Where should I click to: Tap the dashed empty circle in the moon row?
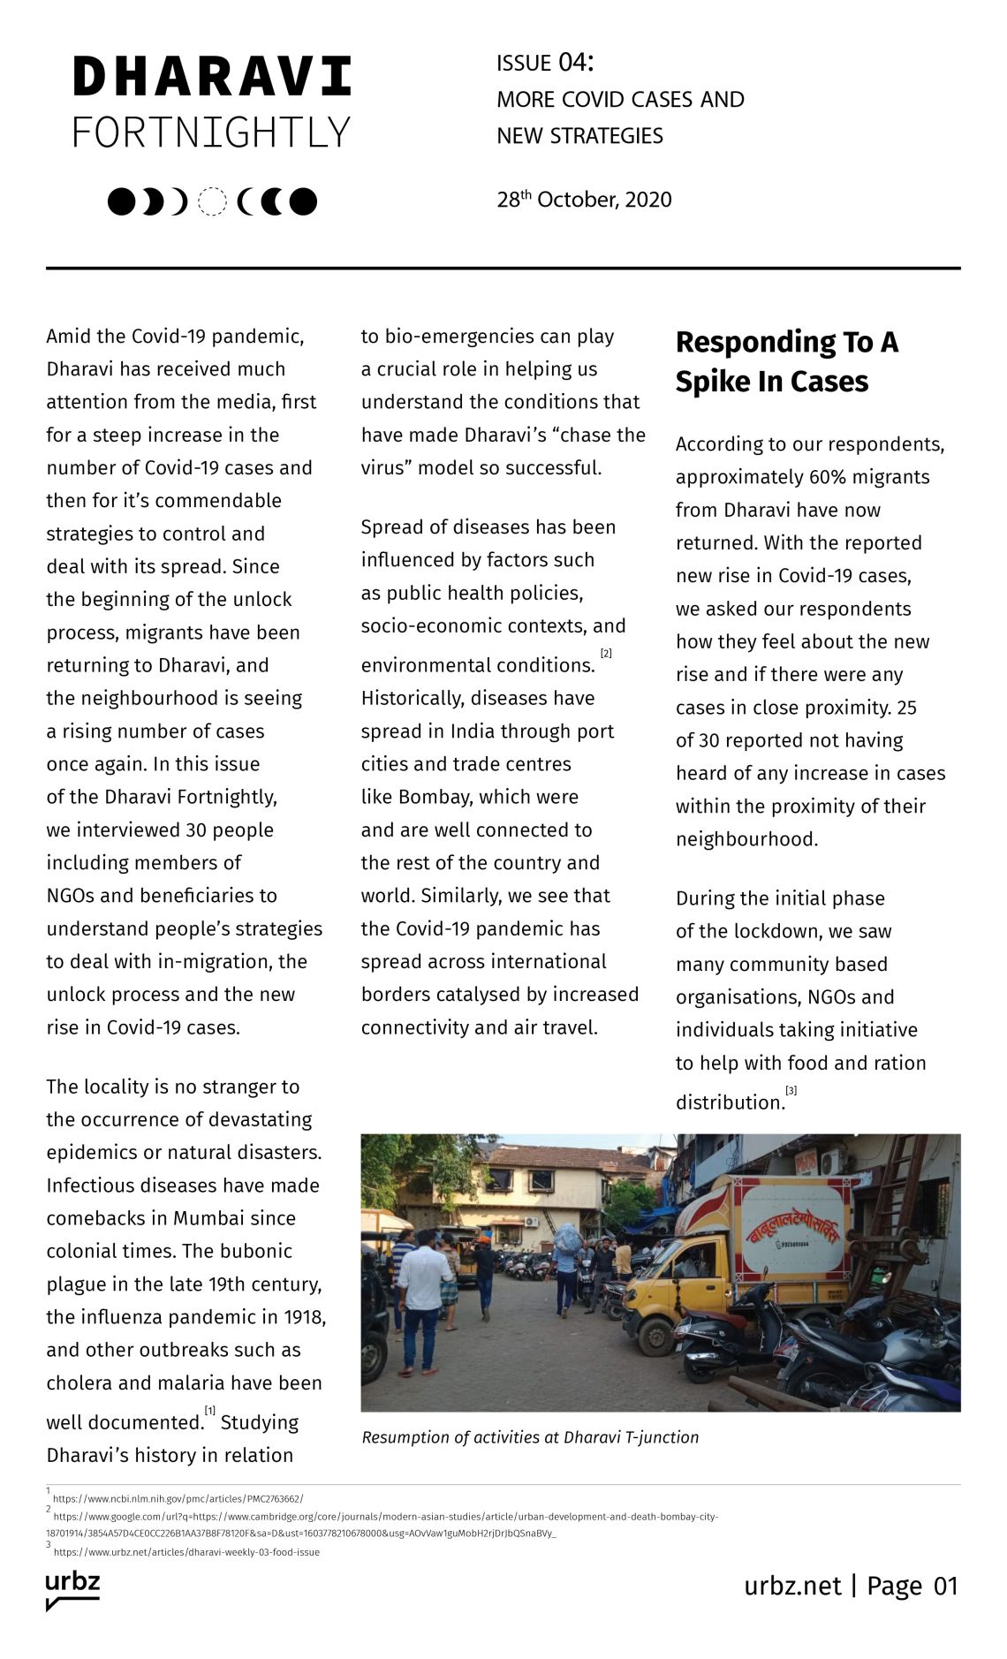click(x=212, y=202)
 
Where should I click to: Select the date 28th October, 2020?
click(x=584, y=200)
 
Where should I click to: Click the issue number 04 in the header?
click(x=572, y=63)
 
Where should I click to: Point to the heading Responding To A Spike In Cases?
click(x=786, y=361)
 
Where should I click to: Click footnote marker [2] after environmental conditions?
click(x=606, y=654)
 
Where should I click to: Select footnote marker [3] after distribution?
click(x=791, y=1091)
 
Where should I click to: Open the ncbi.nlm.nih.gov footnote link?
click(x=178, y=1499)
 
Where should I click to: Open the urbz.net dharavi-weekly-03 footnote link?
click(x=186, y=1552)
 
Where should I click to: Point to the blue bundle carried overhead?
click(x=568, y=1238)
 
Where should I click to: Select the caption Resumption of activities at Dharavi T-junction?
click(x=530, y=1437)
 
